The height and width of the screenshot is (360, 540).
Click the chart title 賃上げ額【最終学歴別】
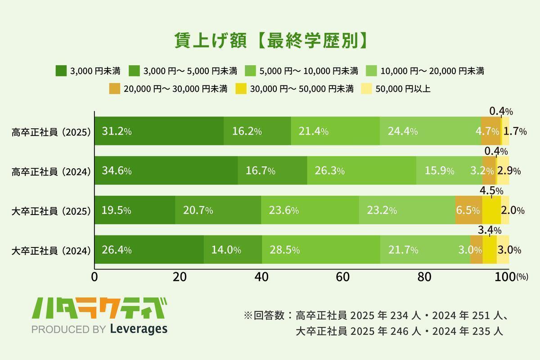(x=270, y=41)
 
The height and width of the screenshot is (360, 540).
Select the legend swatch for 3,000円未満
(x=61, y=71)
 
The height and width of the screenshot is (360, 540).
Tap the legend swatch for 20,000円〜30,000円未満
(x=115, y=89)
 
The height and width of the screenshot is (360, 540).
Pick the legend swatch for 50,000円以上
(x=367, y=89)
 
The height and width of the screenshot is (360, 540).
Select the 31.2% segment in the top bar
(x=159, y=131)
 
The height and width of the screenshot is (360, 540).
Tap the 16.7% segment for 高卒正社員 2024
(x=272, y=171)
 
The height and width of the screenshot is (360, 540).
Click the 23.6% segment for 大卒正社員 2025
(x=310, y=210)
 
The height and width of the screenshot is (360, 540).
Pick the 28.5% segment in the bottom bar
(x=320, y=249)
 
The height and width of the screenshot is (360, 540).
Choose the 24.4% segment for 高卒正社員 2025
(x=430, y=131)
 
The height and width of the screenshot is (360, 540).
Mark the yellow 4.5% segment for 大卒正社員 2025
(x=491, y=210)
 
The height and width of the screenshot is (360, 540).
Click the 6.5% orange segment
(x=468, y=210)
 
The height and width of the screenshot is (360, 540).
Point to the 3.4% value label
(x=490, y=231)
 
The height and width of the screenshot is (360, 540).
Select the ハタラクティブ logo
(x=99, y=309)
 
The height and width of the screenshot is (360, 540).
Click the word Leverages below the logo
(x=139, y=329)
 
